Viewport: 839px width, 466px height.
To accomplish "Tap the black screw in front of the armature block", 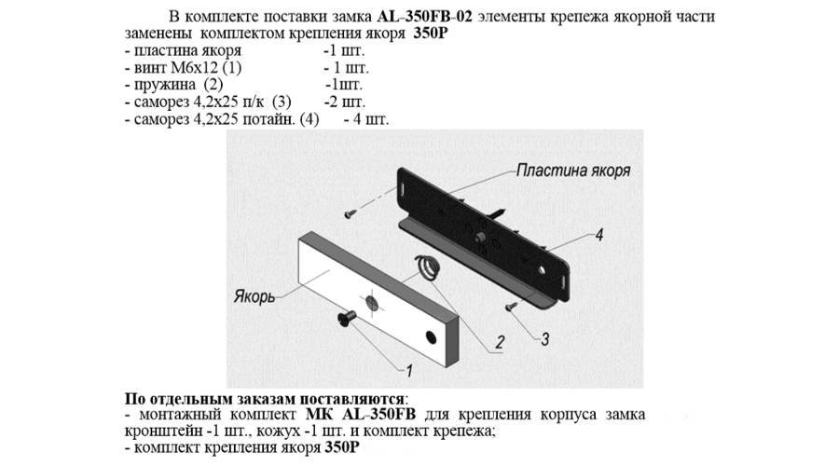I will click(x=345, y=320).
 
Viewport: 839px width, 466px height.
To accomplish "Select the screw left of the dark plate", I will click(x=349, y=214).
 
